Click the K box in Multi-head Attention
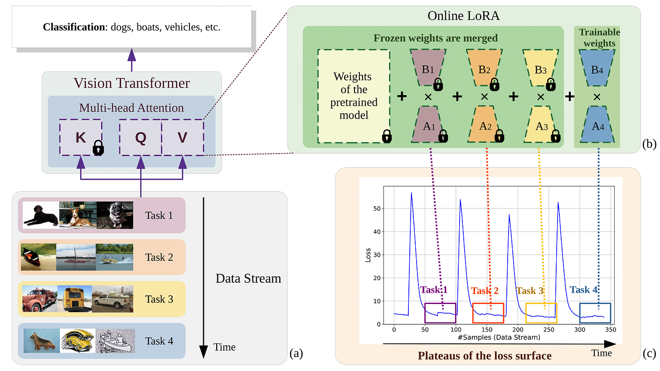click(x=81, y=138)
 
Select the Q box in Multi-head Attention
click(x=141, y=138)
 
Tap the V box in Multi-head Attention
click(x=182, y=138)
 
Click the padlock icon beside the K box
click(x=98, y=148)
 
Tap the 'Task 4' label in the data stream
click(x=159, y=341)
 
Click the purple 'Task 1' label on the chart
click(x=434, y=290)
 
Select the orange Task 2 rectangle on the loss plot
click(x=488, y=313)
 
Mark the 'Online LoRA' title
click(x=464, y=16)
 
